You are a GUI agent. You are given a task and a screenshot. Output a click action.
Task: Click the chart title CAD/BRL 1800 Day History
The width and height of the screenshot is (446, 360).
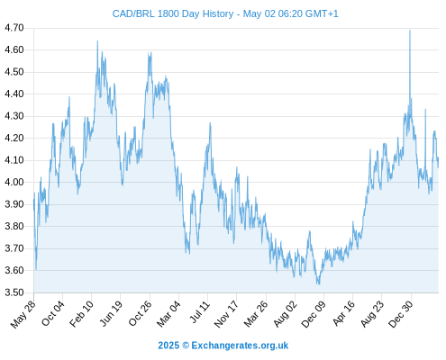(173, 13)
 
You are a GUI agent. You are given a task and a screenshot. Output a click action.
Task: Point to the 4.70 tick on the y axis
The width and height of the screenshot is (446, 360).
(14, 28)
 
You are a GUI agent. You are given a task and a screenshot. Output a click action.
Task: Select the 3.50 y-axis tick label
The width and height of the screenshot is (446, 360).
(14, 292)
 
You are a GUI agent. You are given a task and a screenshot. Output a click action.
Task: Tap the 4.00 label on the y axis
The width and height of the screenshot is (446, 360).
(14, 182)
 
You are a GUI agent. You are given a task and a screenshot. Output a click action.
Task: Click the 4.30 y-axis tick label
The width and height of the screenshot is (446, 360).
(14, 116)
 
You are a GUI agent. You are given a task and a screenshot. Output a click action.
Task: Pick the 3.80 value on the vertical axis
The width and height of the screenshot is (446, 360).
(14, 226)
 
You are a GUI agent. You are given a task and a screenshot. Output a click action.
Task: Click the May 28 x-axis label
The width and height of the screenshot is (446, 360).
(23, 314)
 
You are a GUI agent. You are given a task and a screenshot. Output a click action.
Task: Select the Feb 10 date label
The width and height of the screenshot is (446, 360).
(82, 313)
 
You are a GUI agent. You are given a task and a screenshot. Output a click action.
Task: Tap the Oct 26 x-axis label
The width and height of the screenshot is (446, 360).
(141, 313)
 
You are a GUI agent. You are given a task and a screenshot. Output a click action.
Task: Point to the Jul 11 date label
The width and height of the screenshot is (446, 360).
(200, 312)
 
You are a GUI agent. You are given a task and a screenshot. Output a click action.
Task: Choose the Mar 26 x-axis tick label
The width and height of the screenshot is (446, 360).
(256, 314)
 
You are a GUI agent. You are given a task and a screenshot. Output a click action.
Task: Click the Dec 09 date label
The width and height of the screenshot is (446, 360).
(314, 314)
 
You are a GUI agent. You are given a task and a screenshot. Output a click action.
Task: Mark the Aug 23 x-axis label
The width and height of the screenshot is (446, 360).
(372, 314)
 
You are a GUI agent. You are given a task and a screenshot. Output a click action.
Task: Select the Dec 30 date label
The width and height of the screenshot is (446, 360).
(401, 314)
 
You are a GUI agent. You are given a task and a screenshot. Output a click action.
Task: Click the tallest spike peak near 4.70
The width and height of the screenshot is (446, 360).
(410, 31)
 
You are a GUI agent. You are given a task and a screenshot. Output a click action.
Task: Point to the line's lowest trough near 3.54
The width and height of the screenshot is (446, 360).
(318, 283)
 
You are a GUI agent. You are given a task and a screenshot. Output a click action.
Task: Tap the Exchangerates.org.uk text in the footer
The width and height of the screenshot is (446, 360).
(240, 346)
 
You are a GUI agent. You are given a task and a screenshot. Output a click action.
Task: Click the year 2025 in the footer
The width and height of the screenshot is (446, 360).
(168, 346)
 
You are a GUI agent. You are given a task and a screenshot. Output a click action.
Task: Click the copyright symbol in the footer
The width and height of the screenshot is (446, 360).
(186, 346)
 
